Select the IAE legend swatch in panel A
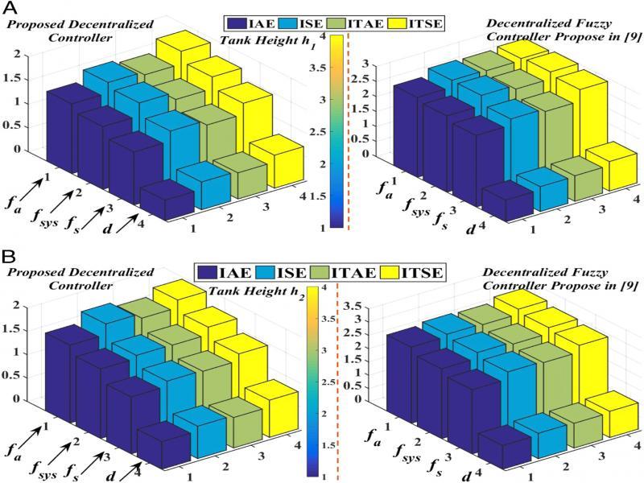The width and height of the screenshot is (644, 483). (239, 22)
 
